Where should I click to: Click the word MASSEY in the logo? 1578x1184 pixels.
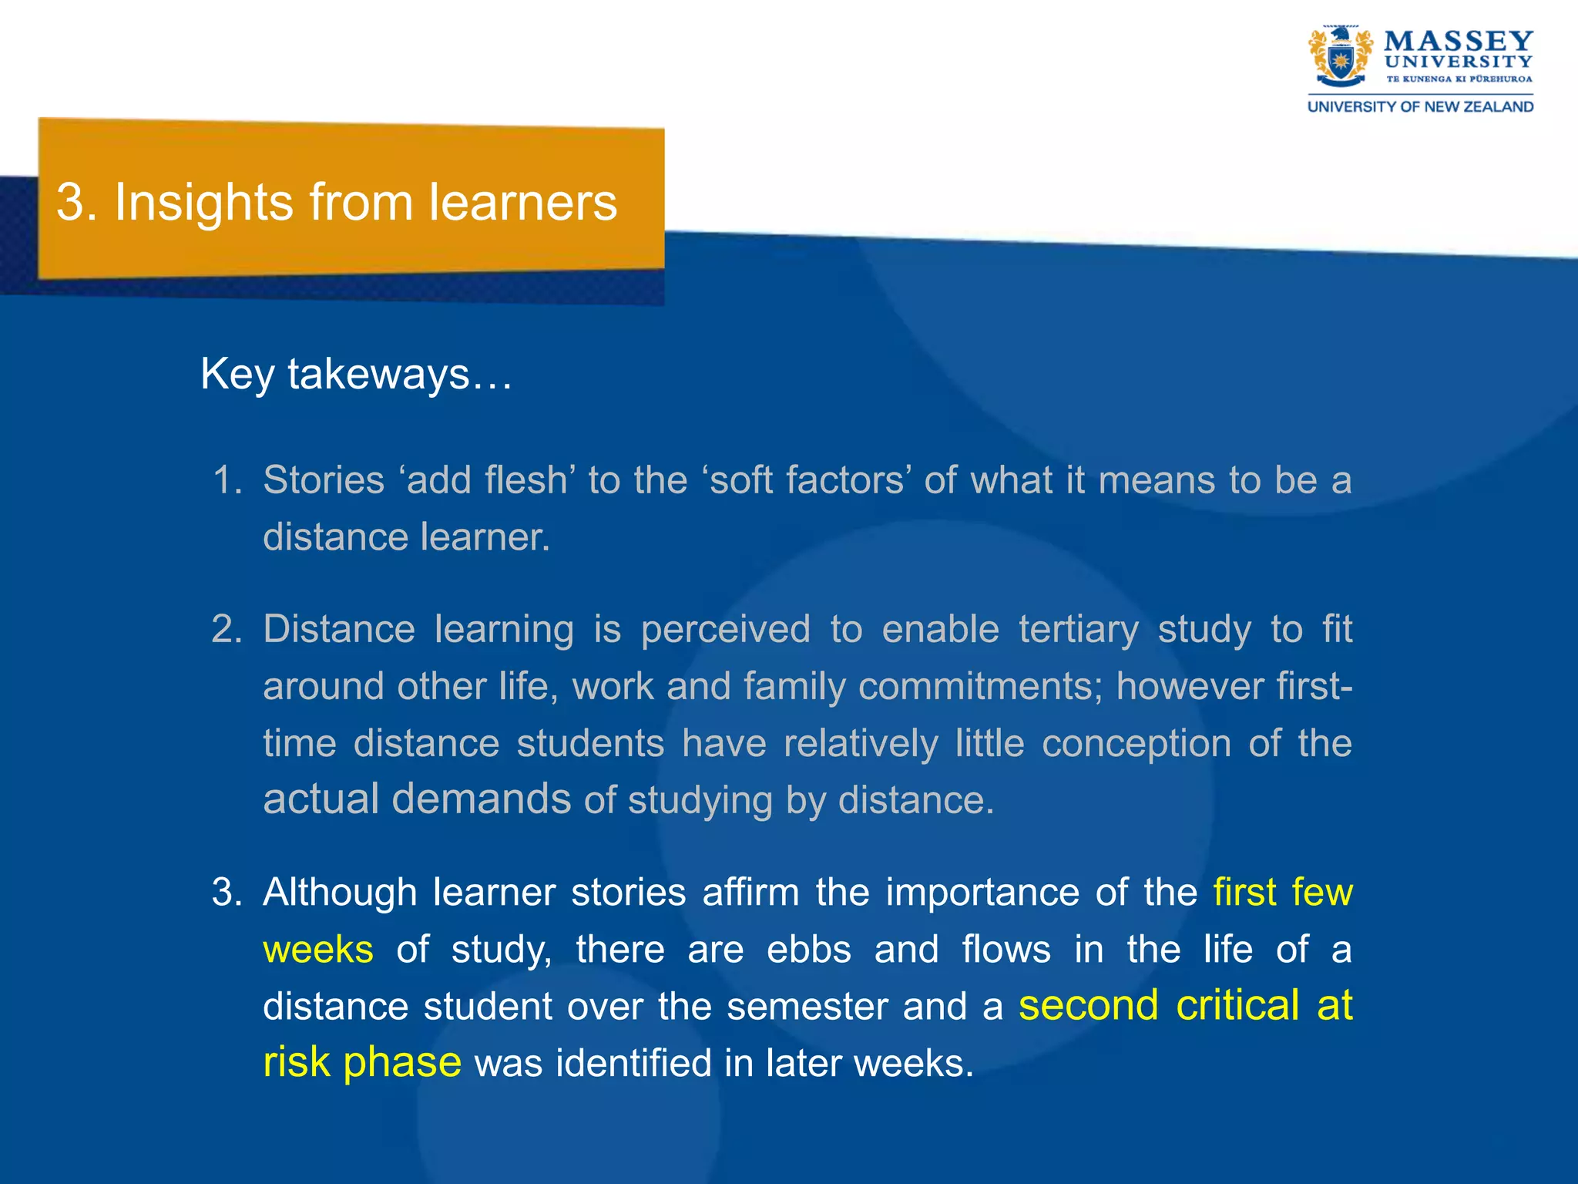tap(1458, 41)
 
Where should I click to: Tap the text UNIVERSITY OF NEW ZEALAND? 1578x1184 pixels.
tap(1420, 107)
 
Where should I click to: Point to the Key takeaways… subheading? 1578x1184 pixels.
tap(356, 375)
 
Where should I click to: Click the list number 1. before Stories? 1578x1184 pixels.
tap(227, 480)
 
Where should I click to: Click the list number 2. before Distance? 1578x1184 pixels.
tap(227, 630)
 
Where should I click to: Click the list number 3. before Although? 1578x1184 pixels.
tap(227, 893)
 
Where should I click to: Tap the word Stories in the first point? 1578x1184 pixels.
tap(324, 480)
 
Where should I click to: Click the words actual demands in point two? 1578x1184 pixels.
tap(417, 799)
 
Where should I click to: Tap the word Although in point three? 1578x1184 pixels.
tap(339, 893)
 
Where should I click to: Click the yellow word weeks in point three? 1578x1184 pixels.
tap(318, 950)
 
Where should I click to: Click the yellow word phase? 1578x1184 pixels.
tap(401, 1063)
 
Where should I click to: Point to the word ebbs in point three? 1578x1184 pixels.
tap(809, 950)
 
